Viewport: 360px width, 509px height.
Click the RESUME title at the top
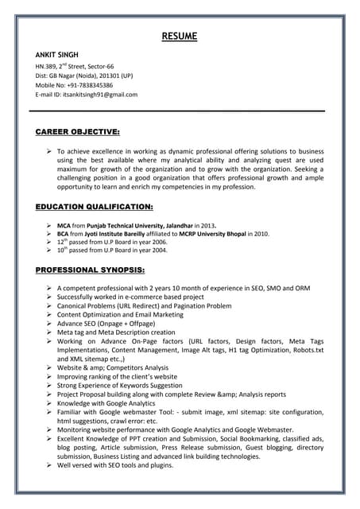point(180,37)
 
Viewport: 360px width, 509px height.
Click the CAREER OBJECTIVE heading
point(78,130)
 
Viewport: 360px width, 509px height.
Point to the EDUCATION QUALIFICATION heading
point(95,207)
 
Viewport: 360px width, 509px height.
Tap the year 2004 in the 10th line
point(158,250)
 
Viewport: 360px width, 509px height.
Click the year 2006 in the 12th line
point(158,242)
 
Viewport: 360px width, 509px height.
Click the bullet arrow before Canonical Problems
point(49,305)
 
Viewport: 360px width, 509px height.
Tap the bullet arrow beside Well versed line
point(49,465)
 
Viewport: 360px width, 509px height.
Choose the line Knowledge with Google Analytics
point(111,403)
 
